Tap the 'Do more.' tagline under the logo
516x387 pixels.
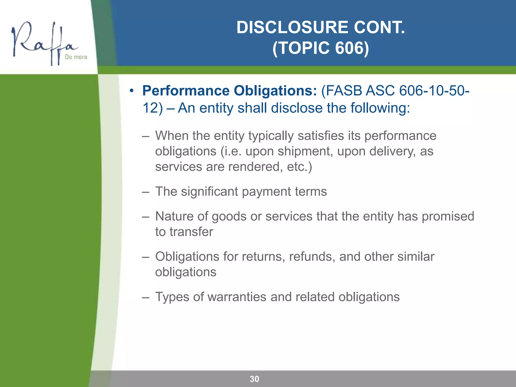tap(77, 57)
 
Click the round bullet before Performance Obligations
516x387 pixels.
tap(131, 91)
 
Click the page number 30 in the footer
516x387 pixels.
tap(254, 379)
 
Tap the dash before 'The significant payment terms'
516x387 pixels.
tap(145, 191)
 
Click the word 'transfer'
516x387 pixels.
tap(191, 232)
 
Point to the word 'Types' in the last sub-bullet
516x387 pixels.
tap(172, 297)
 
